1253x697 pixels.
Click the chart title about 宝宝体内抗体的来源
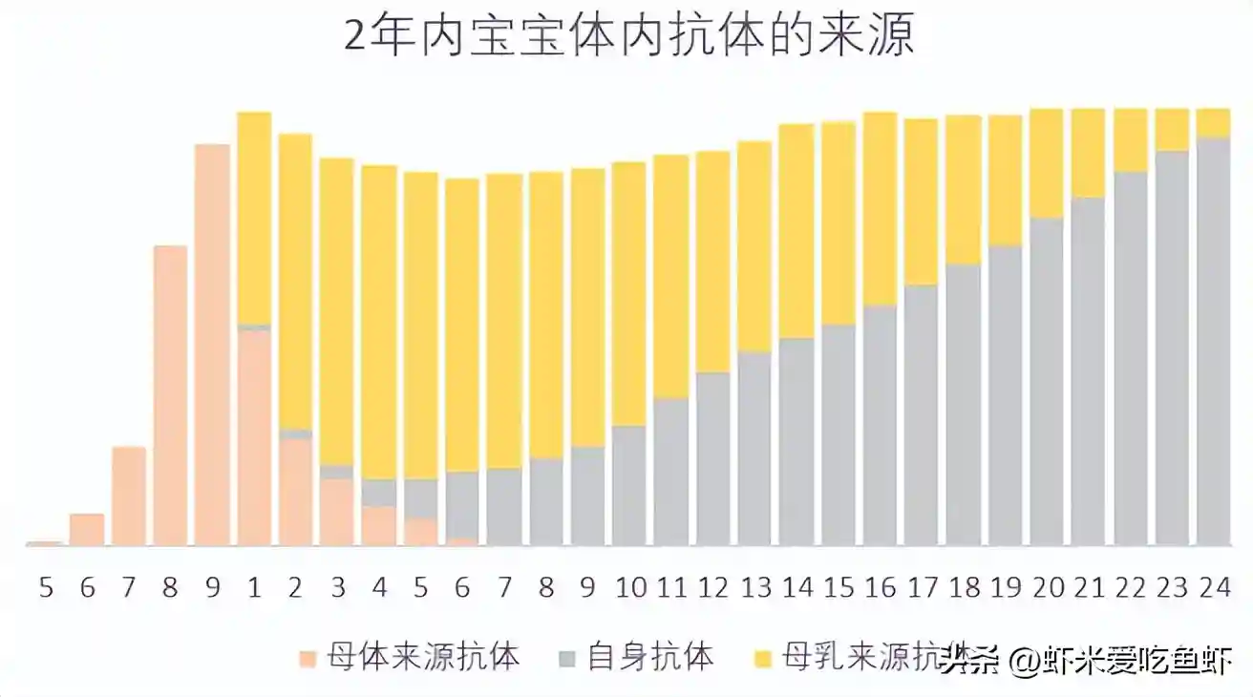point(628,37)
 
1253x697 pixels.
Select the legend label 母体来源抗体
point(423,657)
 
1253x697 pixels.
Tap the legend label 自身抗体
point(650,657)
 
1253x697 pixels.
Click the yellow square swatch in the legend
point(762,658)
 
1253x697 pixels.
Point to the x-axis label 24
point(1213,586)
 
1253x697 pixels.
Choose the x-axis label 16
point(879,586)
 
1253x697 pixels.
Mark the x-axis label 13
point(754,586)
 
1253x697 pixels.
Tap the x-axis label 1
point(253,586)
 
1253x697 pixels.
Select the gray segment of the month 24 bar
point(1213,344)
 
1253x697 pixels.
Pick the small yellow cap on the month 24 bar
point(1213,123)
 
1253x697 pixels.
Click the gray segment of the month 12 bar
point(712,458)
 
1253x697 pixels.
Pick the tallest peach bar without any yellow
point(212,344)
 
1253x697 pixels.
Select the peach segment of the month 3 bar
point(336,512)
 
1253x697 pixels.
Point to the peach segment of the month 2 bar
point(295,492)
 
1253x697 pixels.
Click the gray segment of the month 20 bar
point(1046,382)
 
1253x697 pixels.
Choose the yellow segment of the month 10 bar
point(628,294)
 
